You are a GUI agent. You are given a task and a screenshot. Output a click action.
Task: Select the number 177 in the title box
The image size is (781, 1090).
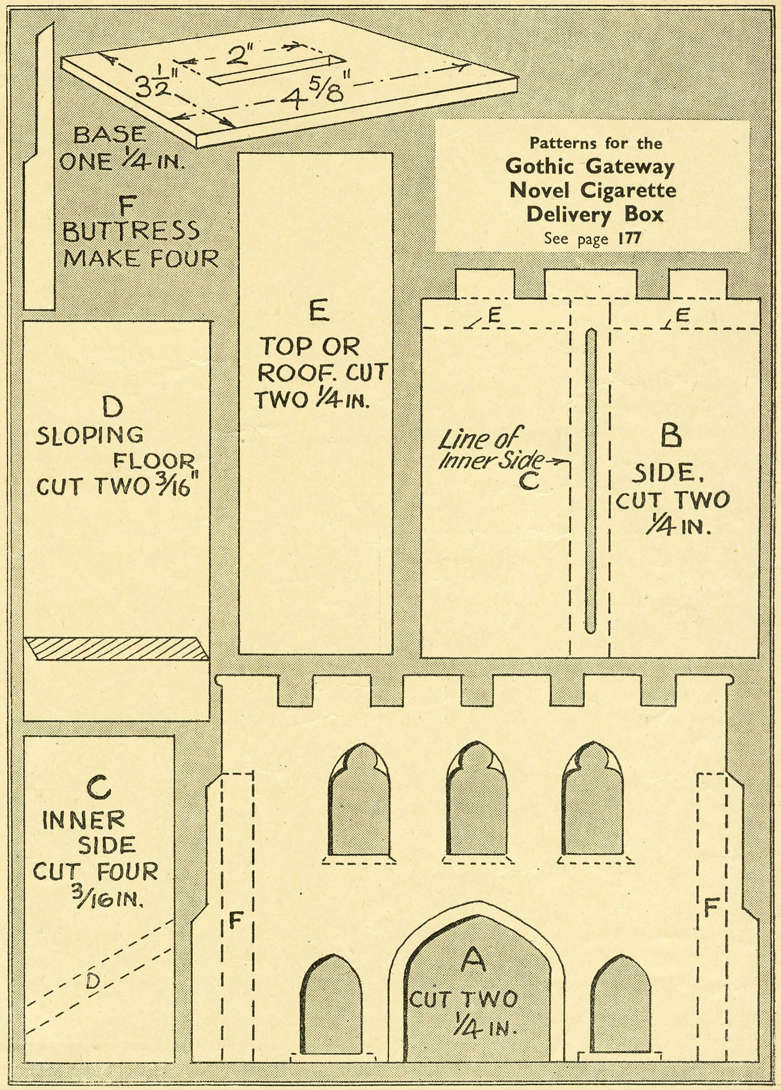click(630, 239)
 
